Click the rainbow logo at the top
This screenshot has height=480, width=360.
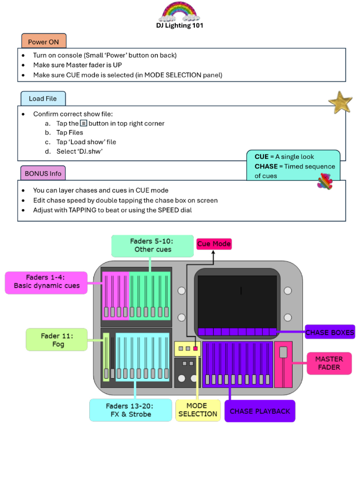pyautogui.click(x=180, y=11)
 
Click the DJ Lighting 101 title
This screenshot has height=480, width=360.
pyautogui.click(x=180, y=25)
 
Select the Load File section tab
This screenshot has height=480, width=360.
pyautogui.click(x=43, y=98)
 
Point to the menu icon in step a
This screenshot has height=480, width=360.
pyautogui.click(x=83, y=123)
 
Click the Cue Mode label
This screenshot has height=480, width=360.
pyautogui.click(x=214, y=244)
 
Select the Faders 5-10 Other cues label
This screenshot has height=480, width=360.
pyautogui.click(x=150, y=245)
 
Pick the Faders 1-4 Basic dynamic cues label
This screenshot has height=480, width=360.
pyautogui.click(x=46, y=282)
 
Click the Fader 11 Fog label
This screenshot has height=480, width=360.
pyautogui.click(x=57, y=340)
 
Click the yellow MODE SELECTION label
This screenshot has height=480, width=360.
pyautogui.click(x=197, y=410)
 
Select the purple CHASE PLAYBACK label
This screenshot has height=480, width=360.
pyautogui.click(x=260, y=411)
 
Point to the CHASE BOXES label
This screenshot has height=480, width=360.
pyautogui.click(x=329, y=332)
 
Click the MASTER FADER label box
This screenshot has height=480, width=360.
pyautogui.click(x=329, y=363)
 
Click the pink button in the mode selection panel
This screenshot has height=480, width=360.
pyautogui.click(x=196, y=349)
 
